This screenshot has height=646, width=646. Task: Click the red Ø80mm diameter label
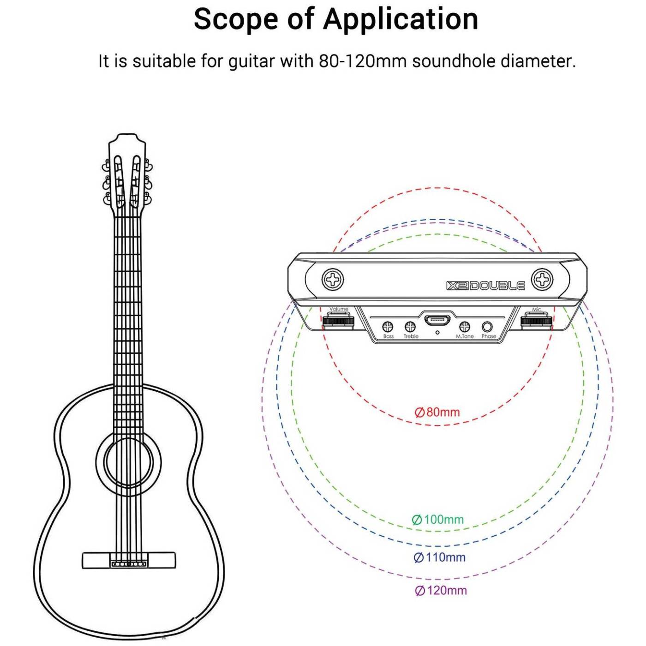437,412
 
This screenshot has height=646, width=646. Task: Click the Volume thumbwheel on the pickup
339,321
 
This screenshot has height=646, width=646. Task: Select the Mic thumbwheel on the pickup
536,321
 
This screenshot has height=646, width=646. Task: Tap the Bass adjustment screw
388,326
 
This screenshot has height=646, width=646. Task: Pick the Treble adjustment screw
410,326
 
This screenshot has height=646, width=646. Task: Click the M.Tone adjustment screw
464,326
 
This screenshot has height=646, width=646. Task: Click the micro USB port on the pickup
437,321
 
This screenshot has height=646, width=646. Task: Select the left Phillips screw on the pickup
333,279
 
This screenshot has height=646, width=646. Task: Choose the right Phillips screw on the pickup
543,279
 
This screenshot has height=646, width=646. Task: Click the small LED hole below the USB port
437,333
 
